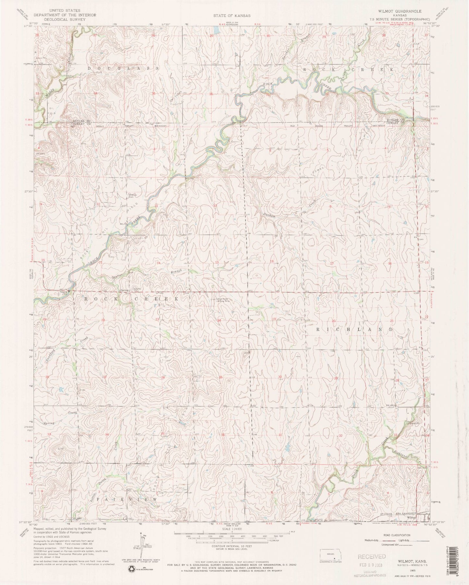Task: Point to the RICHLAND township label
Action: (x=355, y=329)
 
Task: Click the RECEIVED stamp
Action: (x=372, y=557)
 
